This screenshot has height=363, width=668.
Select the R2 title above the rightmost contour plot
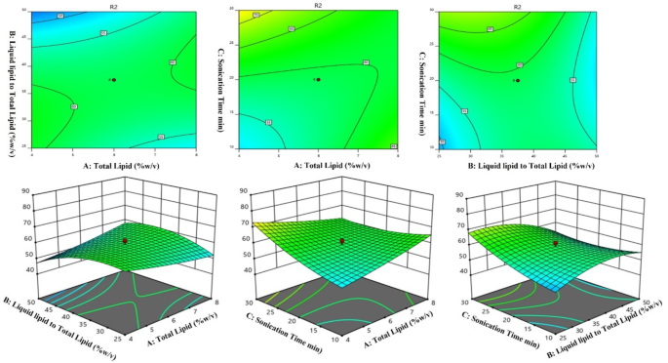pos(516,6)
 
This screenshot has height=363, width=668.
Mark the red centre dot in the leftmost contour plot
pos(114,80)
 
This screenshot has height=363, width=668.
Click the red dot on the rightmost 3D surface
pos(555,244)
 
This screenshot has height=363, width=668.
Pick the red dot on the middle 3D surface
pos(341,240)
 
